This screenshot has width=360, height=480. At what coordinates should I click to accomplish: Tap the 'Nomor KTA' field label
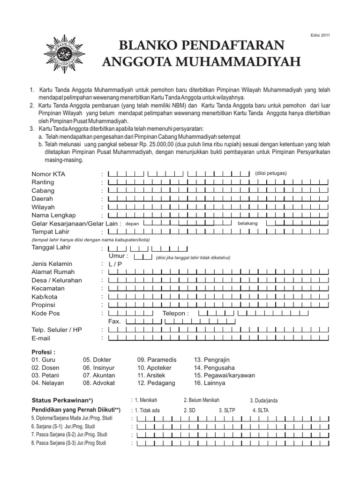pyautogui.click(x=48, y=174)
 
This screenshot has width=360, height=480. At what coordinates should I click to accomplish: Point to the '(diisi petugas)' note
pyautogui.click(x=271, y=172)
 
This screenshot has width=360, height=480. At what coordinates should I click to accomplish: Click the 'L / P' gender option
pyautogui.click(x=115, y=264)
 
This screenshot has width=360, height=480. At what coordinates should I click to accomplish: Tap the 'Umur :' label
pyautogui.click(x=119, y=256)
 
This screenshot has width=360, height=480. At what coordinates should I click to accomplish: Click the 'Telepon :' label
pyautogui.click(x=176, y=313)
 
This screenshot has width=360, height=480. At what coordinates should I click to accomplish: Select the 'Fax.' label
pyautogui.click(x=115, y=322)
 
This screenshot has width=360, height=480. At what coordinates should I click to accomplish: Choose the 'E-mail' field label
pyautogui.click(x=41, y=338)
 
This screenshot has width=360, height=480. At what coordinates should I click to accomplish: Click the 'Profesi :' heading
pyautogui.click(x=44, y=352)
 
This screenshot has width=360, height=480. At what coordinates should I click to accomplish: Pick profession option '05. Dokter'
pyautogui.click(x=97, y=360)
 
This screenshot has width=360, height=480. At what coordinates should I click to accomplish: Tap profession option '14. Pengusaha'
pyautogui.click(x=214, y=367)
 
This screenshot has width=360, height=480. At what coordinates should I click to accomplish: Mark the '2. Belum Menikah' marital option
pyautogui.click(x=202, y=400)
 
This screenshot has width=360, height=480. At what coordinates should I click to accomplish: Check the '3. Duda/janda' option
pyautogui.click(x=263, y=401)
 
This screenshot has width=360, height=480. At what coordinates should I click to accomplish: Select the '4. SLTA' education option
pyautogui.click(x=261, y=410)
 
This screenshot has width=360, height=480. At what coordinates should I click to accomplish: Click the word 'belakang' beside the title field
pyautogui.click(x=248, y=224)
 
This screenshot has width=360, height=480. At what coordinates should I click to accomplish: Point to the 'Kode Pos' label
pyautogui.click(x=45, y=313)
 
